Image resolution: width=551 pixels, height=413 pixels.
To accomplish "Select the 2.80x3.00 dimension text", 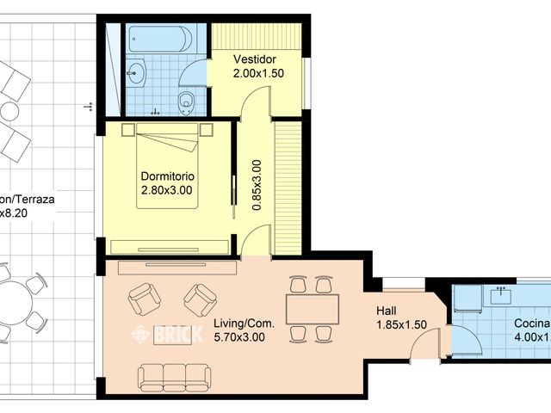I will pos(168,190).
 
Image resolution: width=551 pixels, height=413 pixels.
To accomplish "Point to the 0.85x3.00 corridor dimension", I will pos(256,185).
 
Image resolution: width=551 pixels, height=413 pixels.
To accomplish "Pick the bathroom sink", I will pos(135,72).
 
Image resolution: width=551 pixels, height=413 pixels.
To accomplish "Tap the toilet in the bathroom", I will pos(186,102).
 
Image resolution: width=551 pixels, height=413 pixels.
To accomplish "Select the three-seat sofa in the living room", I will pos(174,377).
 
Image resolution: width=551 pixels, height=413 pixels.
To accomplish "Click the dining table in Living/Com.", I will pos(312,308).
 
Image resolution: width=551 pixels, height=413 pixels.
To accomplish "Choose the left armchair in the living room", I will pos(144,299).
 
